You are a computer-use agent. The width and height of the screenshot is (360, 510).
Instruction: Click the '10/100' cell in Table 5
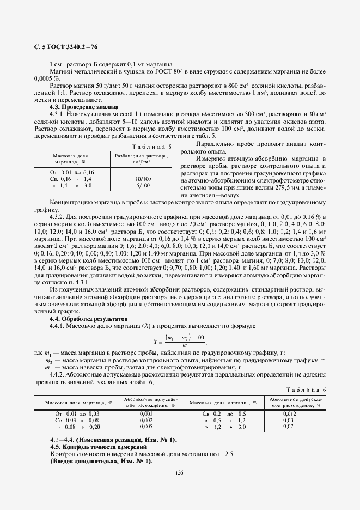click(x=143, y=179)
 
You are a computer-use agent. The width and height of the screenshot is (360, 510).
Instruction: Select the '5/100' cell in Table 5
click(x=143, y=185)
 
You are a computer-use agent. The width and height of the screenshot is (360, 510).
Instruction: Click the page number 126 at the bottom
click(x=179, y=472)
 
